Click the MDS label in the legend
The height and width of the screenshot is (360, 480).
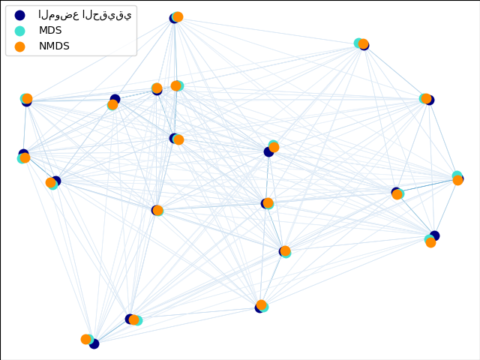pos(50,30)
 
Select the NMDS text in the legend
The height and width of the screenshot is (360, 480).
pos(54,46)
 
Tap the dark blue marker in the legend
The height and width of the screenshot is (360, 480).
pos(20,15)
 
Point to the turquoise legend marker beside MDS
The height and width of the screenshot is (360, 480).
pos(20,31)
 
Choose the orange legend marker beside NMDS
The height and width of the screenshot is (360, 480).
pos(20,46)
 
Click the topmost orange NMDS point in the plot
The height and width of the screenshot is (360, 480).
pos(178,16)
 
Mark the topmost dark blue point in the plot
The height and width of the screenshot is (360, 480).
pos(174,18)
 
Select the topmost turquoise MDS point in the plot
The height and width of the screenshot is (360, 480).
pos(176,17)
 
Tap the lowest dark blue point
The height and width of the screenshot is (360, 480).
pos(94,343)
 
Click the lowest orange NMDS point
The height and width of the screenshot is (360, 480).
pos(86,339)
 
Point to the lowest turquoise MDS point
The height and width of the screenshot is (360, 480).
pos(88,340)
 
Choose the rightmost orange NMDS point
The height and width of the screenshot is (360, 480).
pos(457,180)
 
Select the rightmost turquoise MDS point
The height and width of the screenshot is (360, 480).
pos(457,175)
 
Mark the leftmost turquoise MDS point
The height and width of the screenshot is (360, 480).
pos(22,158)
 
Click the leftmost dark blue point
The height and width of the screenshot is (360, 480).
pos(23,154)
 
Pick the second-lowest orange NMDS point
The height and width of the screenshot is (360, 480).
pos(133,320)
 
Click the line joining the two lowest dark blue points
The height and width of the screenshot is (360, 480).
pos(112,331)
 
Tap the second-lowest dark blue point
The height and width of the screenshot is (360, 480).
pos(130,319)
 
